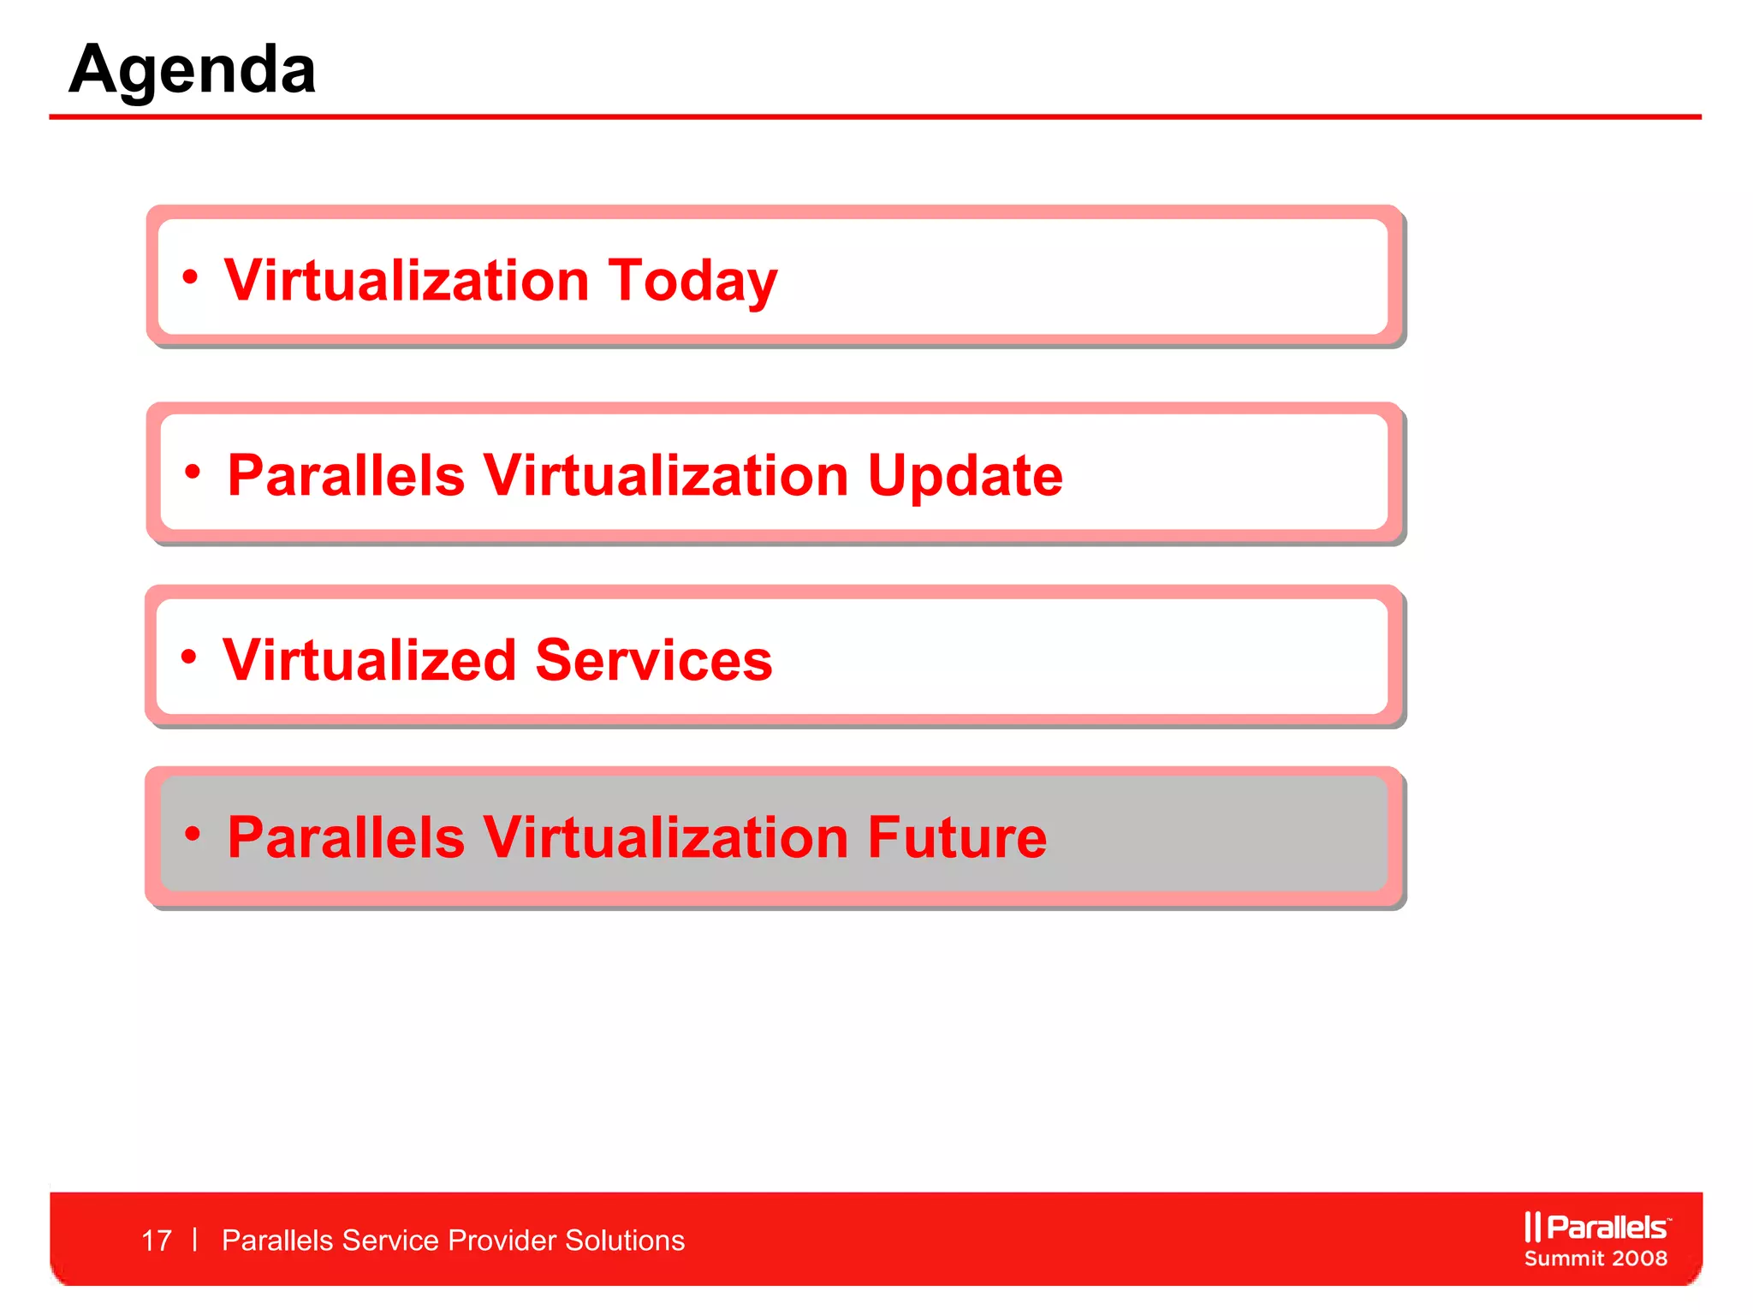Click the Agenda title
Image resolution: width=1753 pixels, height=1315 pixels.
click(x=193, y=70)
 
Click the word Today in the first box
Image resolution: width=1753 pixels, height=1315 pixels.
click(x=692, y=281)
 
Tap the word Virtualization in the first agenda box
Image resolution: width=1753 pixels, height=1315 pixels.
click(x=407, y=281)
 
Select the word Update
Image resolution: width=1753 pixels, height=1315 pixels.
click(x=965, y=476)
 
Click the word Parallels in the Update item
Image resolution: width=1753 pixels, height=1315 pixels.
click(x=346, y=476)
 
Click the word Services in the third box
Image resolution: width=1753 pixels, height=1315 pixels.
click(x=654, y=660)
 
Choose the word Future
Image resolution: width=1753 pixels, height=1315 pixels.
click(x=957, y=837)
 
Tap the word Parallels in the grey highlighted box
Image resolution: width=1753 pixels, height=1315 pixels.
click(x=346, y=837)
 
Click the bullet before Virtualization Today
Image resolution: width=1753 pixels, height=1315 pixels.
click(x=190, y=277)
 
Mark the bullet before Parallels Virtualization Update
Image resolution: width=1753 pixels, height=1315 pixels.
click(x=193, y=471)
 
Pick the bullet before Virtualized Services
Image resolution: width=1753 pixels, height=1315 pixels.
click(x=189, y=657)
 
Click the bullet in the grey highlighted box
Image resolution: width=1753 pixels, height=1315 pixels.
click(x=193, y=833)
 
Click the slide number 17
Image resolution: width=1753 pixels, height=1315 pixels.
click(x=157, y=1241)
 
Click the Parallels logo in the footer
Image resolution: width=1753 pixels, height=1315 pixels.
click(x=1596, y=1228)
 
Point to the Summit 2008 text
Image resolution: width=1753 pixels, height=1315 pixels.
click(x=1596, y=1258)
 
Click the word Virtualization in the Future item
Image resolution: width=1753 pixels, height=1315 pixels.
click(x=665, y=837)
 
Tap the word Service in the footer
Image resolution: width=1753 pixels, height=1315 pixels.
click(x=389, y=1241)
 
